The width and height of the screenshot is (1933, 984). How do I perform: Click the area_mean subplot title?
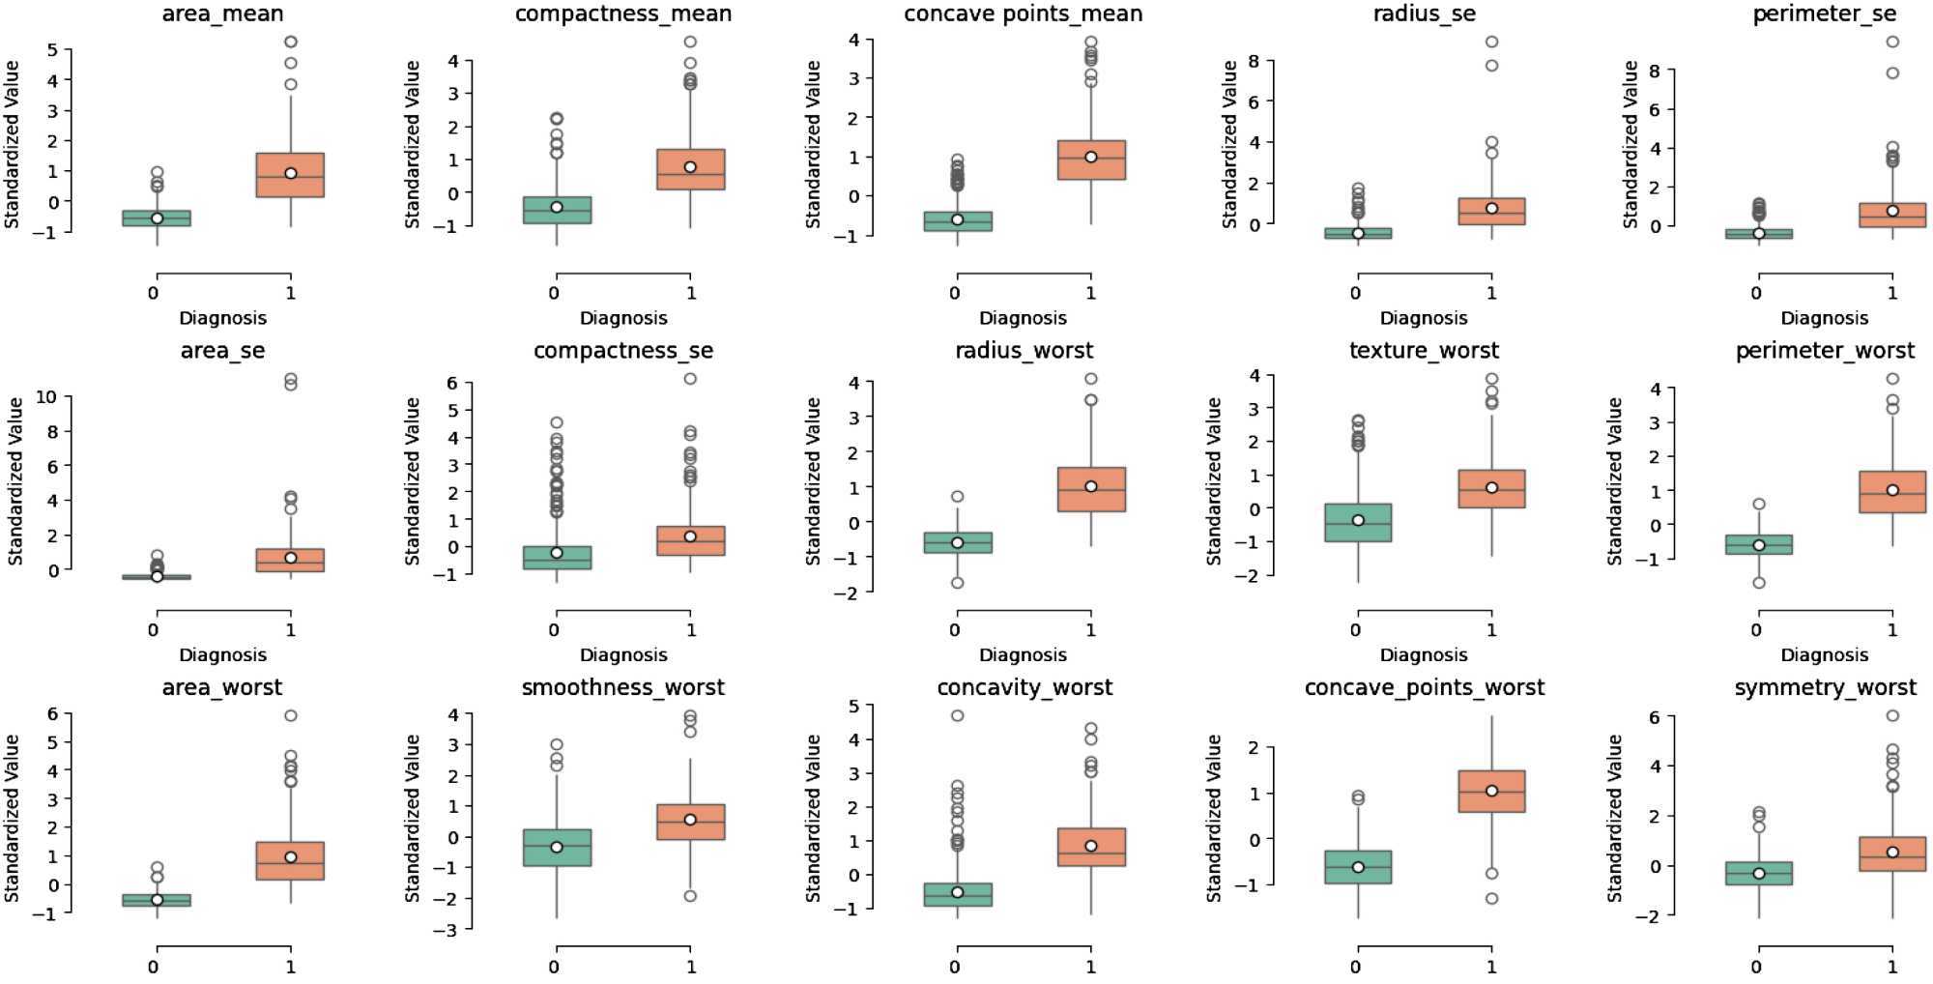click(x=222, y=14)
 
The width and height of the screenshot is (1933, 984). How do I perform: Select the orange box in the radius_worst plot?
click(x=1091, y=489)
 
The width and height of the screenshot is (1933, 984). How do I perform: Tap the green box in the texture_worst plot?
click(x=1358, y=523)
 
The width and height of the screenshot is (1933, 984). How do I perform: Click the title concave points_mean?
click(x=1023, y=14)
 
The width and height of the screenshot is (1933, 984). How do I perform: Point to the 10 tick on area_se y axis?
click(x=45, y=397)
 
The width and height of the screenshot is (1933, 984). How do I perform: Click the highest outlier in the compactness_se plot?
click(x=690, y=379)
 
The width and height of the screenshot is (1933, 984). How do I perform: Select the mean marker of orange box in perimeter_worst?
click(x=1892, y=490)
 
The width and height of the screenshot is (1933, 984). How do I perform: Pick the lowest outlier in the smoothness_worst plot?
click(x=690, y=896)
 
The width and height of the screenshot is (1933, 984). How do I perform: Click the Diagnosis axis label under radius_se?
click(x=1424, y=318)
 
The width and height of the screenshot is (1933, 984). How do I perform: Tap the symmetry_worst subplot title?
click(x=1825, y=687)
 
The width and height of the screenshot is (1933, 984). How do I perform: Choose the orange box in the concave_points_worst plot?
click(x=1492, y=791)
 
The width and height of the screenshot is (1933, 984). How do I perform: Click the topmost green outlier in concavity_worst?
click(x=957, y=716)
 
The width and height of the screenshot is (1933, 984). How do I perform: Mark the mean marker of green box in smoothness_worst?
click(x=557, y=847)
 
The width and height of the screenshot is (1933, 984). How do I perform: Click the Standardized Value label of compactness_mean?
click(x=413, y=145)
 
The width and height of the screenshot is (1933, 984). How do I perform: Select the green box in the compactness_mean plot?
click(x=557, y=210)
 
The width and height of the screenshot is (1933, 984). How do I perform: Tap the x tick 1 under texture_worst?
click(x=1491, y=630)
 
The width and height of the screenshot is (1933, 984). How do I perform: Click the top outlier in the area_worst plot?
click(x=290, y=716)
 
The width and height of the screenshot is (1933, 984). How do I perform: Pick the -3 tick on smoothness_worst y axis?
click(x=449, y=929)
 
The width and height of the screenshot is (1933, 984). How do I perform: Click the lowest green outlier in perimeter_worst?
click(x=1759, y=583)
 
